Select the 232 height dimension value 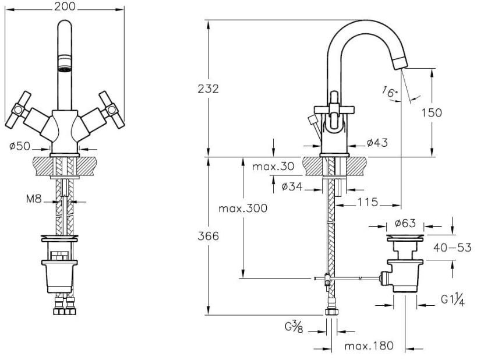click(x=208, y=89)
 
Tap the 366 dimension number click(x=208, y=236)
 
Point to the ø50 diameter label click(x=20, y=145)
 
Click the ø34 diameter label click(x=291, y=187)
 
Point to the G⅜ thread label click(x=294, y=326)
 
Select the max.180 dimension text click(x=368, y=347)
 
